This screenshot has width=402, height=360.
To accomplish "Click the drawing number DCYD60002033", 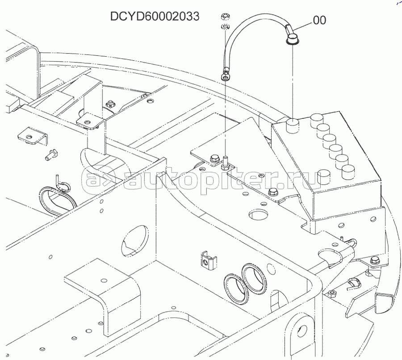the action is (155, 17).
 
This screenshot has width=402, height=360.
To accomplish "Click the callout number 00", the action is (319, 20).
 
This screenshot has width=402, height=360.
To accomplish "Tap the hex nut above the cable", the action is (225, 17).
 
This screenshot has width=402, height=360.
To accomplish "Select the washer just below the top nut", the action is (225, 26).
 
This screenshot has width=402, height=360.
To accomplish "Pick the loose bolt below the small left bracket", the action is (52, 155).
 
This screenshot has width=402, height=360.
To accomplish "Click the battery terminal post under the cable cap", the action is (292, 126).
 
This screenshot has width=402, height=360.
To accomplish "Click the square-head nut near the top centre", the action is (110, 104).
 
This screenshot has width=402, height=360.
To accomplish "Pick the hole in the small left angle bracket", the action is (30, 137).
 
